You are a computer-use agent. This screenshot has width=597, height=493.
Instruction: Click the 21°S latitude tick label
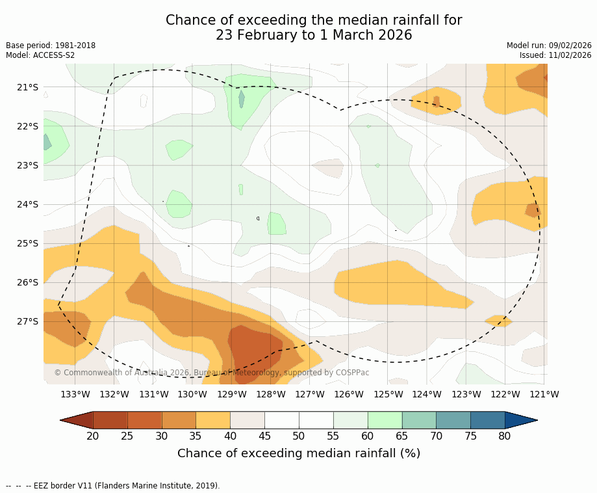click(28, 87)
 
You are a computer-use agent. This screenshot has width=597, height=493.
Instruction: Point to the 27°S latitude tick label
click(28, 321)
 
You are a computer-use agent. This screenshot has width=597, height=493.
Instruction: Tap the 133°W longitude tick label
click(75, 394)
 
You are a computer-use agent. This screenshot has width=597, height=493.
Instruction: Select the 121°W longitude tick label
click(544, 394)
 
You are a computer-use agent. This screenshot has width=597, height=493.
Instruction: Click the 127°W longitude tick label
click(310, 394)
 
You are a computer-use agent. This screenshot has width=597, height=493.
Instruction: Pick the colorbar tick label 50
click(299, 436)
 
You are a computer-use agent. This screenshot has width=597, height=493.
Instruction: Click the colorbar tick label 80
click(505, 436)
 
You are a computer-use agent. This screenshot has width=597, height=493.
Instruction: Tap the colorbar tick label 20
click(93, 436)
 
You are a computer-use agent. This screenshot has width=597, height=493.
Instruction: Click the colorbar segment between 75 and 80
click(487, 420)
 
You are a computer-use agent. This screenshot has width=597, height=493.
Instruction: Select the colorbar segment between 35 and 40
click(213, 420)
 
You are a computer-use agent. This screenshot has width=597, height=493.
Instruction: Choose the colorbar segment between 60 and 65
click(385, 420)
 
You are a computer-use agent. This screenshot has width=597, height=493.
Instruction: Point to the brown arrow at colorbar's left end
click(77, 420)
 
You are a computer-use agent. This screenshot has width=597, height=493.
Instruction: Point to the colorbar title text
click(299, 453)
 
